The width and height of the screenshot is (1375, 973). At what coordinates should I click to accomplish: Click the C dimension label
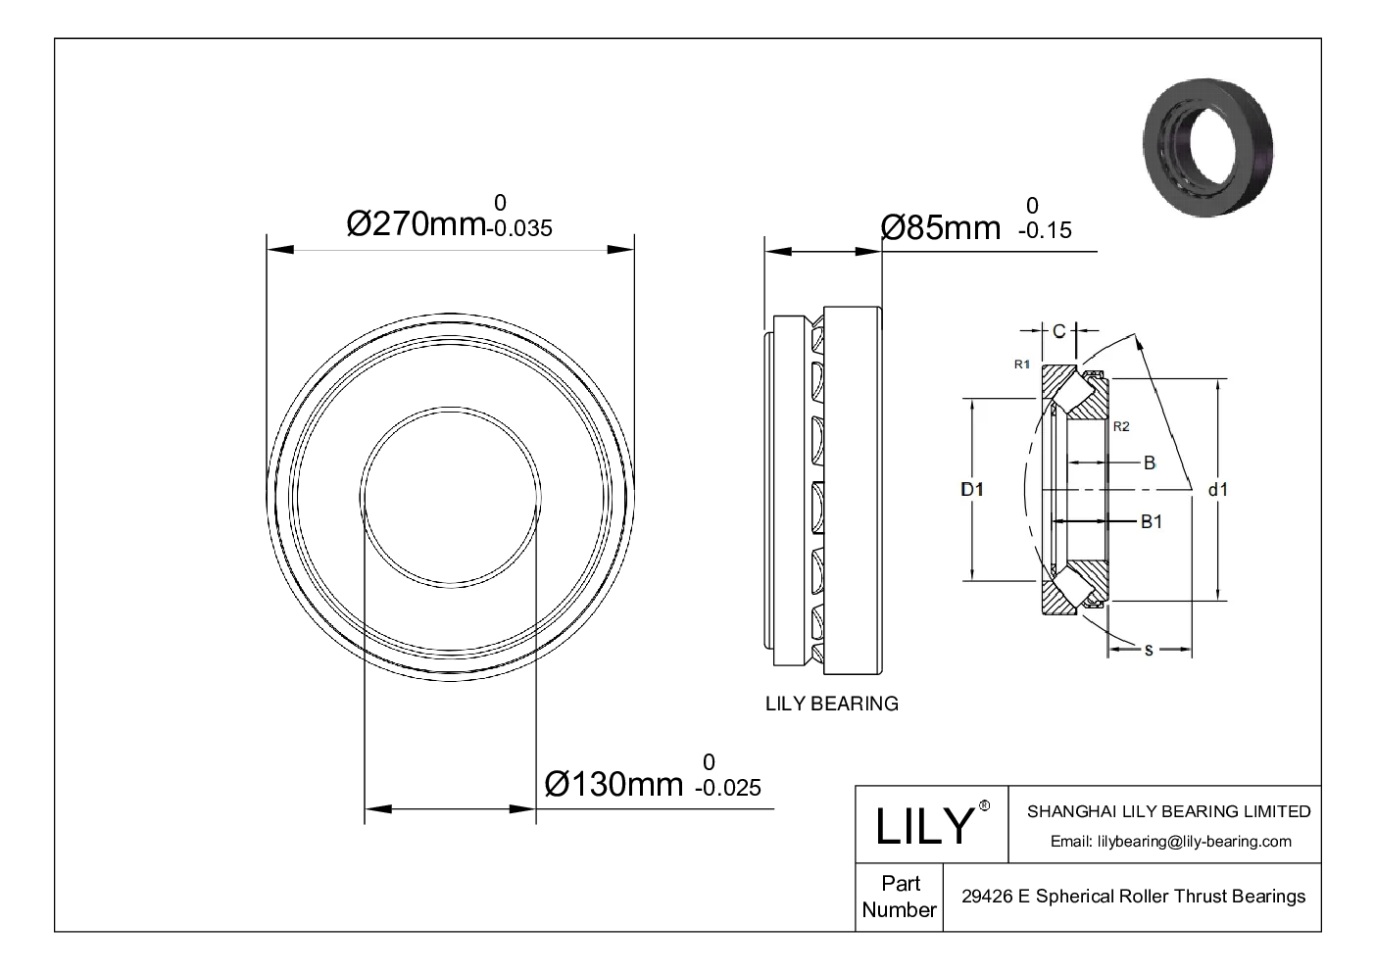pyautogui.click(x=1058, y=331)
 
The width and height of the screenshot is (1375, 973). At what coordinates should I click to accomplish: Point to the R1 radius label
pyautogui.click(x=1021, y=365)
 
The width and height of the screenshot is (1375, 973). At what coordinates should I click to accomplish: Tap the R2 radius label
pyautogui.click(x=1121, y=426)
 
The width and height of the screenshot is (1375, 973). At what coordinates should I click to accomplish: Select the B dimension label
pyautogui.click(x=1150, y=462)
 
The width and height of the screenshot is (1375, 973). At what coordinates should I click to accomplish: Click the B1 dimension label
pyautogui.click(x=1151, y=521)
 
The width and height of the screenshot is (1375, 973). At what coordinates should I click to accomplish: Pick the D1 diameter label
pyautogui.click(x=971, y=489)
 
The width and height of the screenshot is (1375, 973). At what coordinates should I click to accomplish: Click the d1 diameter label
pyautogui.click(x=1217, y=489)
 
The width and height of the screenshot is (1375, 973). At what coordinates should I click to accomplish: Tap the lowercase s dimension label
pyautogui.click(x=1149, y=650)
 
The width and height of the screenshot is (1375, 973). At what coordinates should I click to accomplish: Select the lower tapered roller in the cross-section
pyautogui.click(x=1073, y=585)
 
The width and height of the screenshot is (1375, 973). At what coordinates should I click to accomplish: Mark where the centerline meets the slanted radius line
pyautogui.click(x=1191, y=489)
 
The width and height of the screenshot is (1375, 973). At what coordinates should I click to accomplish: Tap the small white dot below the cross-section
pyautogui.click(x=987, y=806)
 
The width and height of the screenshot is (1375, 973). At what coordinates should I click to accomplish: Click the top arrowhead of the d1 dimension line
pyautogui.click(x=1218, y=384)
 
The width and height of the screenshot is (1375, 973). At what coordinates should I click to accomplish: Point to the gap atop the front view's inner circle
pyautogui.click(x=452, y=405)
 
